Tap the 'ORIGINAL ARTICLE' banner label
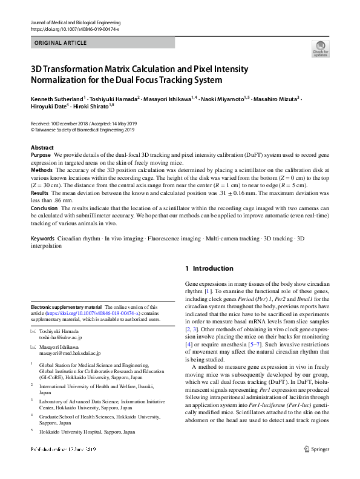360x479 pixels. click(x=61, y=43)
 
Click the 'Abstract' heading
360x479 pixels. click(x=42, y=148)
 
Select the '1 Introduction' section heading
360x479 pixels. click(x=209, y=268)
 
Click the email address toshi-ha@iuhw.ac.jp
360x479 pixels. click(x=60, y=338)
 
